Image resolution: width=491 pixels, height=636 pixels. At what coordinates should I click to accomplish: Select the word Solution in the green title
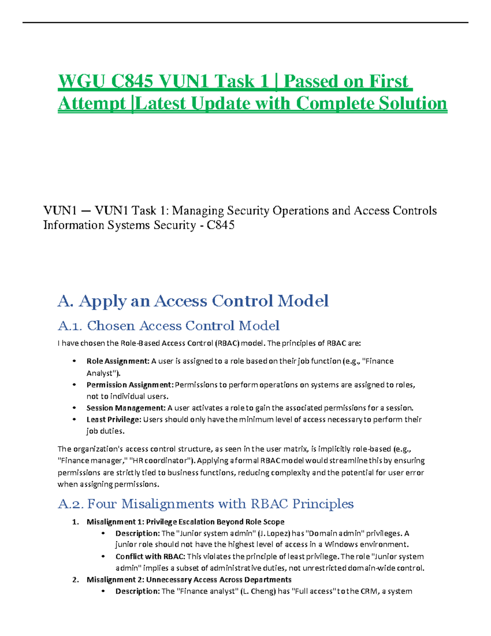click(413, 103)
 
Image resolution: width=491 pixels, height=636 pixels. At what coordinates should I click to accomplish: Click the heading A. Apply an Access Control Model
click(193, 301)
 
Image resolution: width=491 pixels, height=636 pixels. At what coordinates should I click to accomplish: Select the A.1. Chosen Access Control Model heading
click(169, 326)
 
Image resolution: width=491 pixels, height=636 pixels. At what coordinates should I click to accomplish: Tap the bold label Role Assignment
click(117, 361)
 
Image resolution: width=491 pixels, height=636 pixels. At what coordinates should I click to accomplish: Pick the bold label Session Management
click(126, 408)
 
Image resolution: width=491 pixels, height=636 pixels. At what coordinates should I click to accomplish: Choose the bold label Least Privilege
click(114, 419)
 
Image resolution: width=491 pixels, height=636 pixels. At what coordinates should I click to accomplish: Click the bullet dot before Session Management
click(74, 408)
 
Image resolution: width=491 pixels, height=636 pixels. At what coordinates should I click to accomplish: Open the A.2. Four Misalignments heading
click(205, 504)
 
